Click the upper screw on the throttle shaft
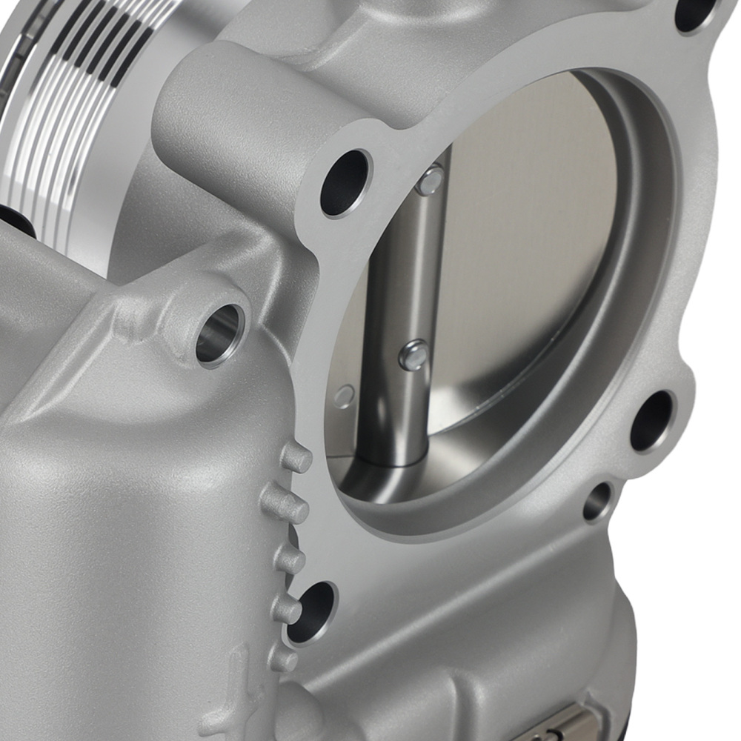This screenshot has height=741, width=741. click(430, 180)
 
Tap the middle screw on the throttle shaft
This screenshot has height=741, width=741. click(413, 355)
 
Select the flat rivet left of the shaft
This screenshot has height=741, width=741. click(343, 396)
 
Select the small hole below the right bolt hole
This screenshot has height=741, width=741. click(597, 502)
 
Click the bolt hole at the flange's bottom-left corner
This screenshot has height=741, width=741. click(310, 611)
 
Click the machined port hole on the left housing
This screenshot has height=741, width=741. click(220, 334)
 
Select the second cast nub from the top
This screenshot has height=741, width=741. click(285, 505)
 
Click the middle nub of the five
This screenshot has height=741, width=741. click(290, 560)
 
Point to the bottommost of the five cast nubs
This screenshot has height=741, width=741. click(283, 657)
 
